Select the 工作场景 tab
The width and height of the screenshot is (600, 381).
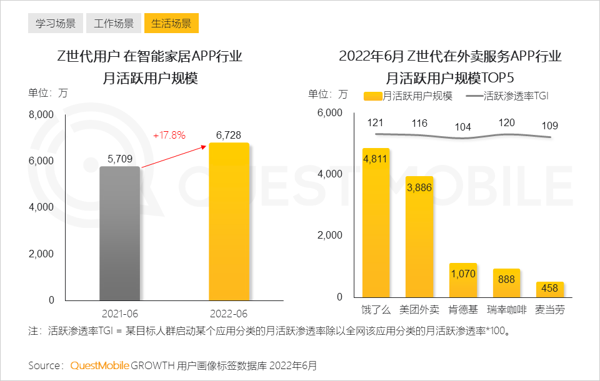pyautogui.click(x=113, y=24)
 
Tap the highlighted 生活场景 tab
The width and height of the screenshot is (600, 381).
pyautogui.click(x=171, y=24)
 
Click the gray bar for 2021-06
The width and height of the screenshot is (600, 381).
pyautogui.click(x=119, y=234)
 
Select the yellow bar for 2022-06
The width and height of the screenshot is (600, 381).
pyautogui.click(x=228, y=222)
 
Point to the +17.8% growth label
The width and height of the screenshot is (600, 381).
pyautogui.click(x=169, y=135)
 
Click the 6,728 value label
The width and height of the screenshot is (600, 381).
pyautogui.click(x=228, y=135)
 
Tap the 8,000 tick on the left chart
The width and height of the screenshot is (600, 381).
pyautogui.click(x=42, y=115)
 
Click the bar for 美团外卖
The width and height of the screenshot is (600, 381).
pyautogui.click(x=419, y=237)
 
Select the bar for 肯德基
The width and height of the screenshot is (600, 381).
pyautogui.click(x=462, y=280)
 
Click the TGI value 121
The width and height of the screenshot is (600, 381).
pyautogui.click(x=375, y=122)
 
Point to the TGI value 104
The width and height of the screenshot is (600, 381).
pyautogui.click(x=462, y=127)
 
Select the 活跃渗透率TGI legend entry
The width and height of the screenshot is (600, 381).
pyautogui.click(x=507, y=96)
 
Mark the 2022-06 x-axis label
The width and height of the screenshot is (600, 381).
pyautogui.click(x=228, y=313)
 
